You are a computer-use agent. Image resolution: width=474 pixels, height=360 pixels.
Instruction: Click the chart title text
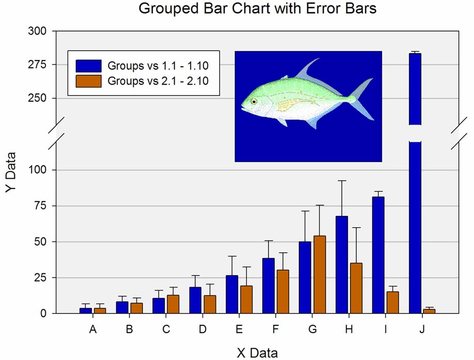click(x=257, y=9)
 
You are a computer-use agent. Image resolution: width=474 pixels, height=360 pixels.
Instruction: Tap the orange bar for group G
click(x=320, y=274)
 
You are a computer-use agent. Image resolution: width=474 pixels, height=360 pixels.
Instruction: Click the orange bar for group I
click(x=392, y=302)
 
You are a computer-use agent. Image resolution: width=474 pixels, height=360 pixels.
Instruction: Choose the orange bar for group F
click(x=283, y=291)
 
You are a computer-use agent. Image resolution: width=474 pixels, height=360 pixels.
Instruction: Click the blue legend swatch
click(x=89, y=66)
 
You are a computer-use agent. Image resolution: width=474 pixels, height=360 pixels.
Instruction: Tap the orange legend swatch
click(x=89, y=81)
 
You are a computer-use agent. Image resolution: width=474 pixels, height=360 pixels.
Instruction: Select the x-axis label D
click(x=202, y=329)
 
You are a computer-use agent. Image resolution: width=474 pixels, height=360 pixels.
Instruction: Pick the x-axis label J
click(x=422, y=329)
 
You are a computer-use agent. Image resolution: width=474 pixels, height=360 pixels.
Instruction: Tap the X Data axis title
click(x=257, y=353)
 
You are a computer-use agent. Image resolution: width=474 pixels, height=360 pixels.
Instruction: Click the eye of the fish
click(x=254, y=102)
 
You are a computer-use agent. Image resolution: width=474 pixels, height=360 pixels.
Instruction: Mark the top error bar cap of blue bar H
click(x=342, y=181)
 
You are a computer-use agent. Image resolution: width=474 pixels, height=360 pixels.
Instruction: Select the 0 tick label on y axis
click(x=44, y=314)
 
